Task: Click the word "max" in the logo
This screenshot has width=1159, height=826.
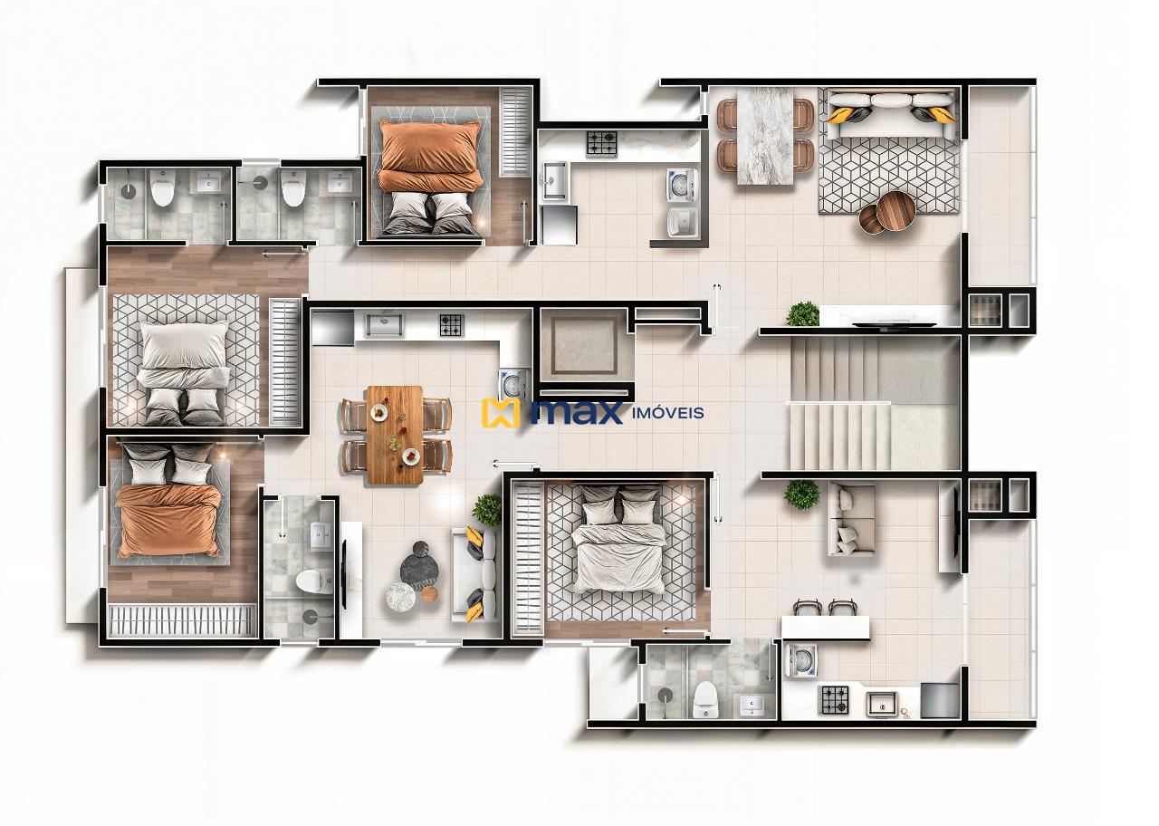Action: coord(576,412)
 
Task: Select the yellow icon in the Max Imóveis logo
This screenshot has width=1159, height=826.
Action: coord(500,413)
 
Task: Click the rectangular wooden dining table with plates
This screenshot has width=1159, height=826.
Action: coord(395,434)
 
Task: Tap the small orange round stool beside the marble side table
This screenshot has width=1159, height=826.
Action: coord(429,594)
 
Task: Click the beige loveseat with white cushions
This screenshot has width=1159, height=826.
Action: coord(851,520)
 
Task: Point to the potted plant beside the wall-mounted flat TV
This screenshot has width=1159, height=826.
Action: coord(802,314)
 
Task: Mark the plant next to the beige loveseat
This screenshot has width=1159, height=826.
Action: coord(801,495)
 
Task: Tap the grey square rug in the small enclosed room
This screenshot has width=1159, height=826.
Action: coord(581,344)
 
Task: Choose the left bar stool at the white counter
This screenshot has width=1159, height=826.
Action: coord(805,608)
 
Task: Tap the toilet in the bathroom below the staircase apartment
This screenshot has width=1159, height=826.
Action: coord(704,698)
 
